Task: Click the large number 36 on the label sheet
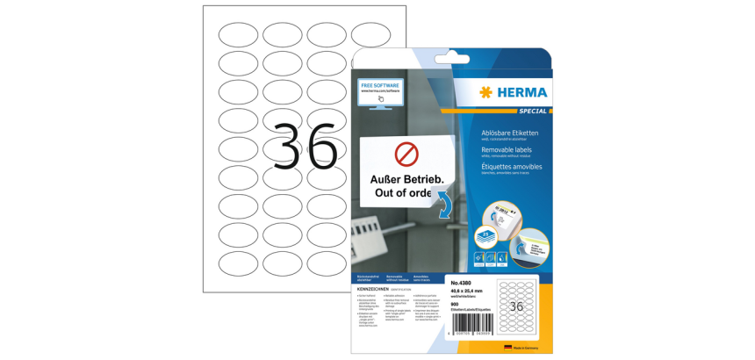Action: click(305, 146)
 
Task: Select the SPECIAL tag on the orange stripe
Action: click(532, 112)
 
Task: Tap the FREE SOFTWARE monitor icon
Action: click(379, 91)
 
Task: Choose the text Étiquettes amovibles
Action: click(513, 167)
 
